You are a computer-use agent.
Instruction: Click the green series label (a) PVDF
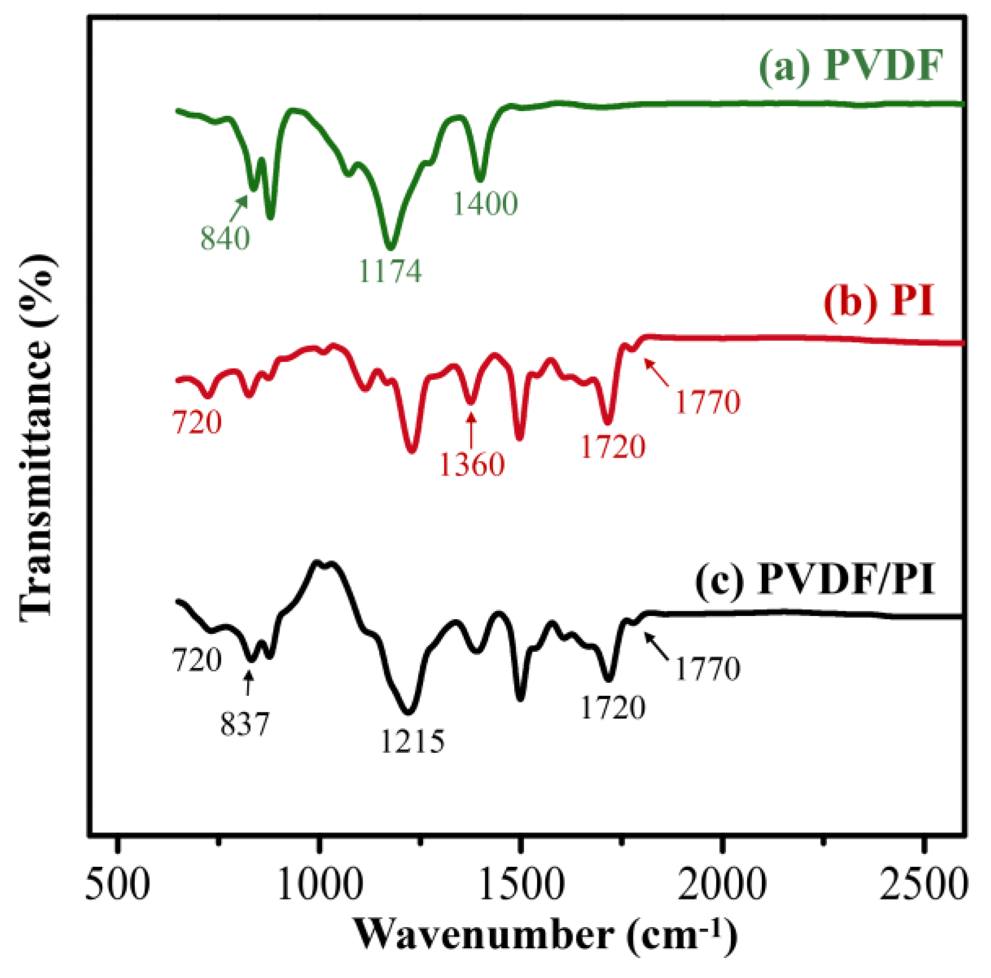coord(850,66)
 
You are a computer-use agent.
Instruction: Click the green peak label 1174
coord(390,271)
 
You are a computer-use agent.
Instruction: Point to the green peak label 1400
coord(485,204)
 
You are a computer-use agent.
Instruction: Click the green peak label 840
coord(225,238)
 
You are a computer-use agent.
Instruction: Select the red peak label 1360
coord(471,464)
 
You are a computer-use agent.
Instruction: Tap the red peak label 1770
coord(707,402)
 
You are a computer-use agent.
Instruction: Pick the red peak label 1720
coord(613,447)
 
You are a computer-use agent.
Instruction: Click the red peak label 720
coord(197,422)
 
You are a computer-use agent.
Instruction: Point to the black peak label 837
coord(244,724)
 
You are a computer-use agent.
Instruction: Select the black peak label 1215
coord(412,741)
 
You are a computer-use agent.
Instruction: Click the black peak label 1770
coord(707,669)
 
